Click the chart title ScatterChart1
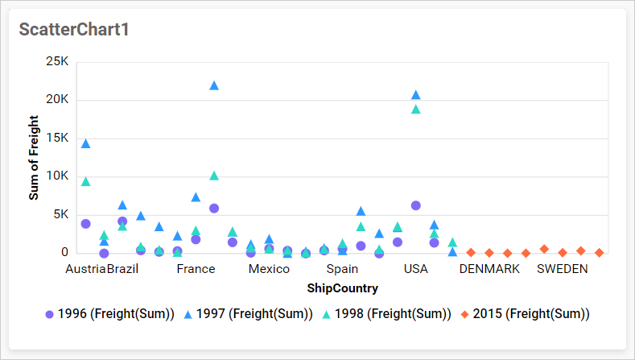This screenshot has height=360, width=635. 74,30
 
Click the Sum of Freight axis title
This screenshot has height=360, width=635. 34,157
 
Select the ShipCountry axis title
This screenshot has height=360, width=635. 342,288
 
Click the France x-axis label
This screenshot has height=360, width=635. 196,269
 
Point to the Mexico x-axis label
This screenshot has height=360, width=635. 269,269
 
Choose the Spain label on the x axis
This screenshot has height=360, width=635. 342,269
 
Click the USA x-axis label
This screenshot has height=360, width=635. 415,269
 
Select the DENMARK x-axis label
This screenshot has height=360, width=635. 489,269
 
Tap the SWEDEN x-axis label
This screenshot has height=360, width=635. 563,269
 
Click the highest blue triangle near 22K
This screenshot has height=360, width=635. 214,85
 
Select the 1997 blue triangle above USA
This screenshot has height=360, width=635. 415,95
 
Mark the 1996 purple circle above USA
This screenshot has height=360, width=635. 415,205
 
